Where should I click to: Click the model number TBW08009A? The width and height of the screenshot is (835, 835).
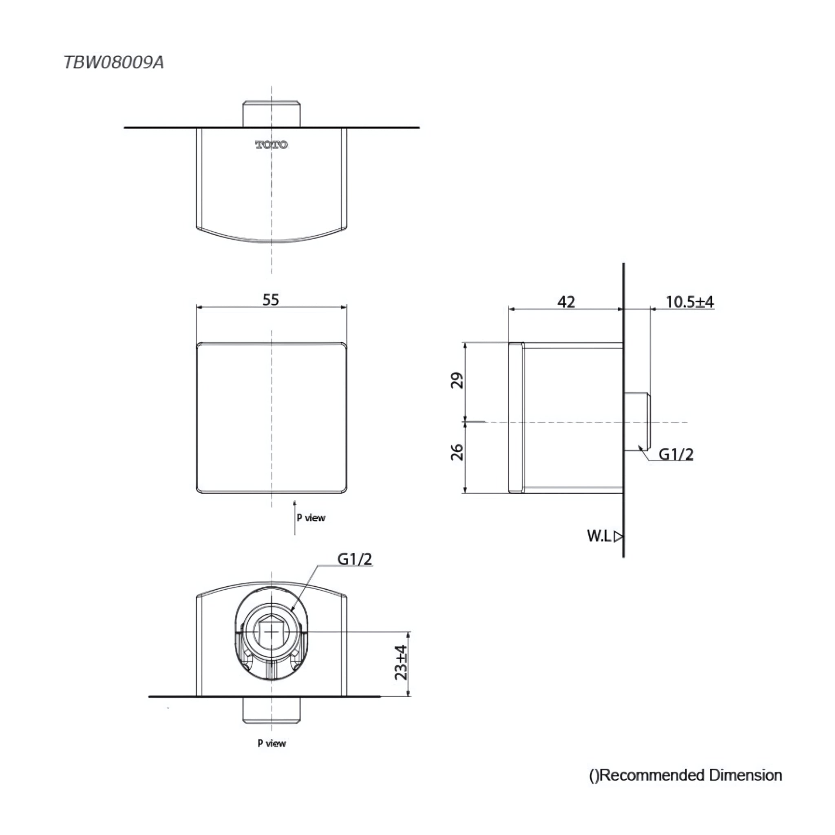click(114, 63)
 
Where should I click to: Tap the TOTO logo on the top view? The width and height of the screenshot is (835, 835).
click(272, 145)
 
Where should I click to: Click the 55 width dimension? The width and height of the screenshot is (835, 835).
click(271, 300)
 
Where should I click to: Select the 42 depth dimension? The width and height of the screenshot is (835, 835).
click(566, 302)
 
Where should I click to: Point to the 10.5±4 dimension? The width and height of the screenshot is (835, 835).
click(690, 302)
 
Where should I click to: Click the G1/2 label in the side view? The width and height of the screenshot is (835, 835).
click(676, 454)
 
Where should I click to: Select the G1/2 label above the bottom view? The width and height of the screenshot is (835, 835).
click(354, 559)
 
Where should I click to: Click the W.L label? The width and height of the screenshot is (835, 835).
click(599, 536)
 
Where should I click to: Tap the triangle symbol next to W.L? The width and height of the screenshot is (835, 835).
click(619, 537)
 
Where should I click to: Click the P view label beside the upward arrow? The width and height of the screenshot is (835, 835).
click(311, 518)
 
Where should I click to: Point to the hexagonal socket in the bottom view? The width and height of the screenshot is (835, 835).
click(272, 632)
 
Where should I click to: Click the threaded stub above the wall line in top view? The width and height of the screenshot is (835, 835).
click(272, 114)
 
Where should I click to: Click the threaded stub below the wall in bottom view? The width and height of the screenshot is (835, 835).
click(272, 710)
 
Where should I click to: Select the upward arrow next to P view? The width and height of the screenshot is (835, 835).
click(295, 517)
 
